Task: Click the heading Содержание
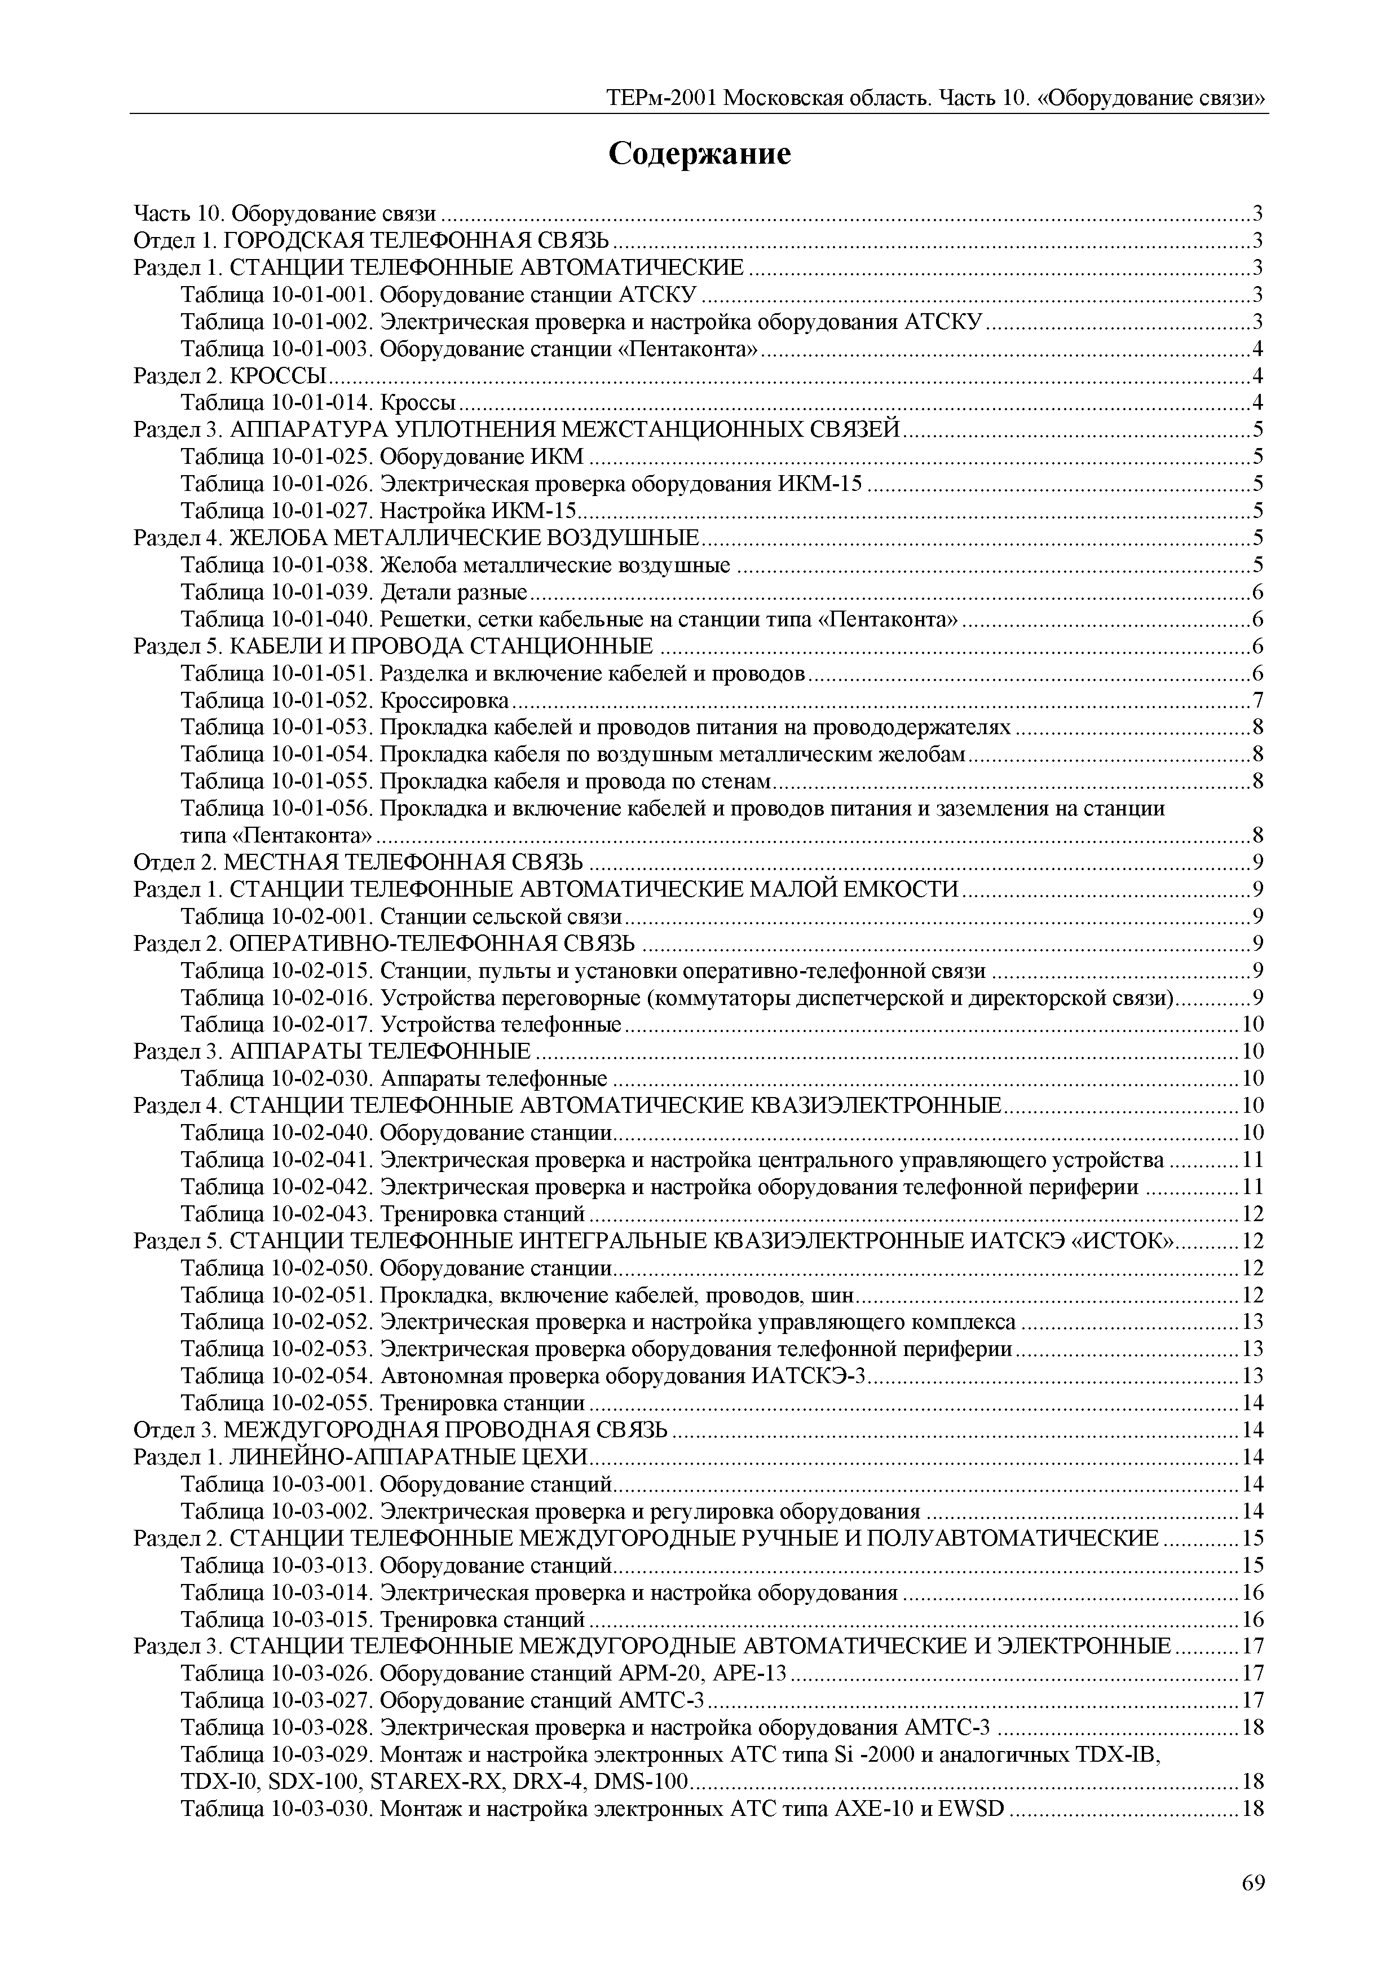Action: click(x=699, y=154)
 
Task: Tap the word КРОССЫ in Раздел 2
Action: click(x=280, y=376)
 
